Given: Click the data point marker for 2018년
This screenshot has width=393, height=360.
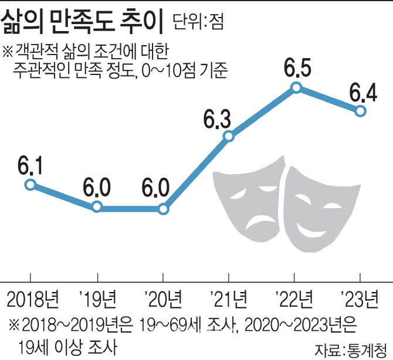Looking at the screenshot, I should click(x=31, y=185).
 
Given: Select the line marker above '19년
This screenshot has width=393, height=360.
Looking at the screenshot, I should click(x=97, y=207).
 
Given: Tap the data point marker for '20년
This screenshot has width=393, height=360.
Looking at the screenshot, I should click(x=164, y=208).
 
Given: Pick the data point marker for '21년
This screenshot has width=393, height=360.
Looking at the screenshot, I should click(x=229, y=137).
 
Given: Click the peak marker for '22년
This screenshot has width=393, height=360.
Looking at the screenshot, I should click(x=296, y=88).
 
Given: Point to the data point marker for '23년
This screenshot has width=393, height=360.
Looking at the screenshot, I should click(x=362, y=111).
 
